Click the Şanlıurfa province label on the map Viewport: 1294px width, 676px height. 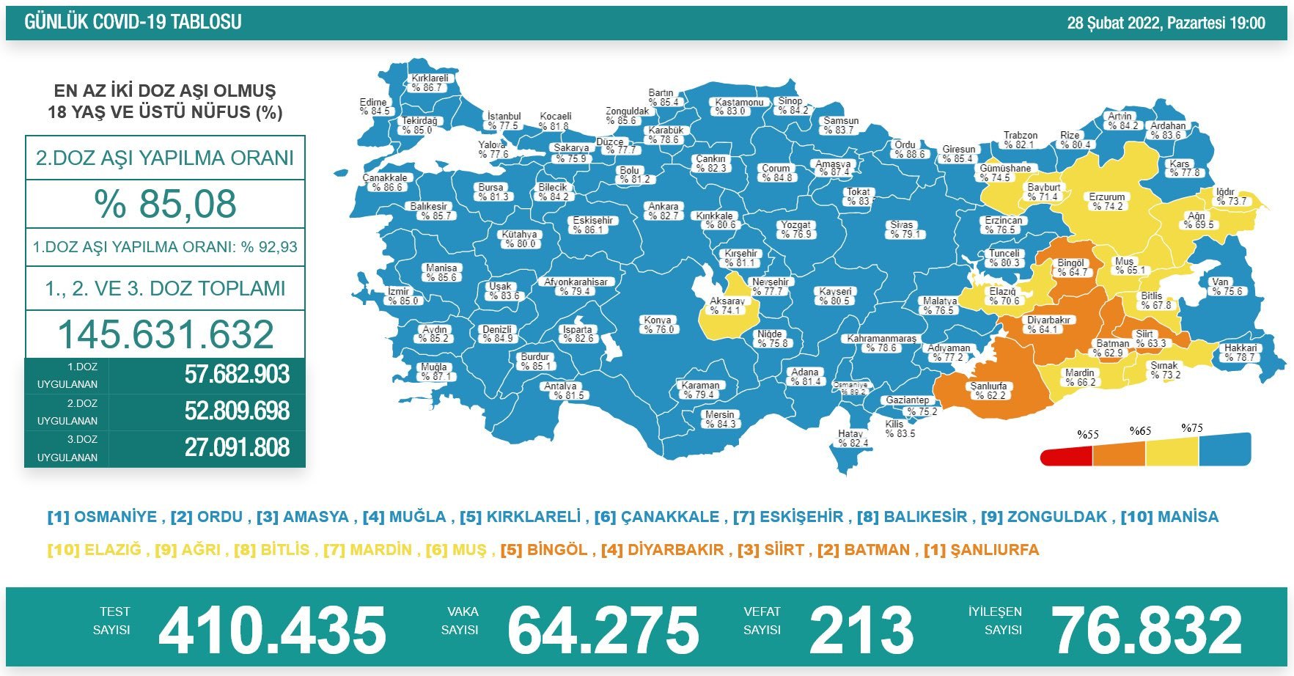click(989, 391)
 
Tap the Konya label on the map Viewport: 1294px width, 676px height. click(658, 325)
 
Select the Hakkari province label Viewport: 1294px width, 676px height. click(1240, 353)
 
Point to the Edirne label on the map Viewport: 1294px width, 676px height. click(374, 107)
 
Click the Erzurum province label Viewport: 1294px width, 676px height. click(1107, 202)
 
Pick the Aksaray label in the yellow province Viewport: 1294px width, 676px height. click(727, 306)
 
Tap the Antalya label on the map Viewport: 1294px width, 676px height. click(562, 391)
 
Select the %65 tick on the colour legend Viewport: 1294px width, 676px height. click(1140, 431)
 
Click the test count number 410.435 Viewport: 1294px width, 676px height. click(272, 630)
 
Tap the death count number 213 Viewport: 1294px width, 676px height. click(861, 630)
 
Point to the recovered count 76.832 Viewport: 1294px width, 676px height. click(1147, 630)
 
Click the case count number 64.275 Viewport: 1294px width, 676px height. click(603, 630)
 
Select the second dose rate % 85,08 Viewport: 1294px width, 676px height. click(165, 204)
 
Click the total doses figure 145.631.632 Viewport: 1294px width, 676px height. click(166, 334)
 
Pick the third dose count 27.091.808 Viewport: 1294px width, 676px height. click(237, 447)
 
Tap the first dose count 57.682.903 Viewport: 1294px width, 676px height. click(237, 375)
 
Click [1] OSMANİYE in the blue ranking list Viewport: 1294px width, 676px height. click(102, 517)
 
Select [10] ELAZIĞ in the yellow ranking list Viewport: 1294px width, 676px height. click(94, 550)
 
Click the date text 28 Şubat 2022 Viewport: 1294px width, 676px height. click(1114, 23)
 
